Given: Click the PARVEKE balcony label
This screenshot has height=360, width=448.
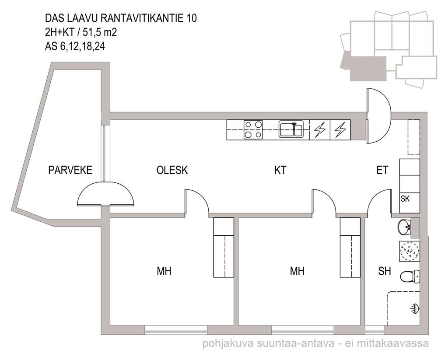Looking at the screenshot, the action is click(x=70, y=170).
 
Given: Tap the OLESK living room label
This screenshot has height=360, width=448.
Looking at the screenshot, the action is click(x=172, y=170).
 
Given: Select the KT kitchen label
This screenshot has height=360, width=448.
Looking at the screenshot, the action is click(x=280, y=170).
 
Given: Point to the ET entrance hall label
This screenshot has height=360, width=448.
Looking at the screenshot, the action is click(x=382, y=170).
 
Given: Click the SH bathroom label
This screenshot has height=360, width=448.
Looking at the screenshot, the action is click(x=384, y=271).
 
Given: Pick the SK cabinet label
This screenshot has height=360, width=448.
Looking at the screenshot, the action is click(x=405, y=198).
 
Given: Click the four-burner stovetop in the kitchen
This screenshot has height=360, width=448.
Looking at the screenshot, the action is click(x=253, y=130).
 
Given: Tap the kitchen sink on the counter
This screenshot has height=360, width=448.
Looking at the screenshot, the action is click(x=291, y=129).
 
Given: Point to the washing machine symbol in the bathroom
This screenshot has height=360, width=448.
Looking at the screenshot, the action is click(x=409, y=251).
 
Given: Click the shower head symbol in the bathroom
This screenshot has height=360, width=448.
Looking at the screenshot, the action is click(x=415, y=308).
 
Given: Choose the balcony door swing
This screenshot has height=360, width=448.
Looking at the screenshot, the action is click(x=106, y=194).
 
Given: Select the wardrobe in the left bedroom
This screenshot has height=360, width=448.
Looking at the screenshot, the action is click(x=224, y=248).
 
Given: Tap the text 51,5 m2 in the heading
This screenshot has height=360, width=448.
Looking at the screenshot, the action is click(x=100, y=32).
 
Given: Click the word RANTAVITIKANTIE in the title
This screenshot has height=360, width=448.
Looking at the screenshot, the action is click(x=142, y=18).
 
